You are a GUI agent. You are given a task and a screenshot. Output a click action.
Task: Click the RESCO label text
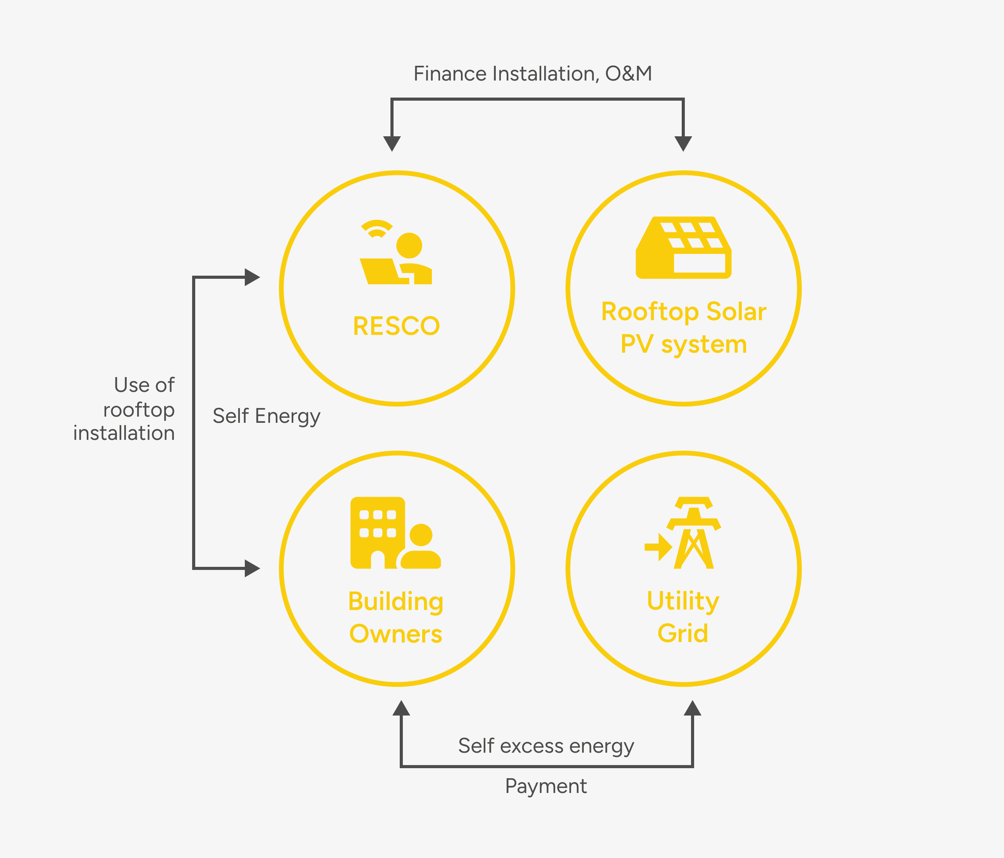(x=396, y=326)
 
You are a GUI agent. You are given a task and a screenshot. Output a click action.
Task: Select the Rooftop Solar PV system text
(x=683, y=328)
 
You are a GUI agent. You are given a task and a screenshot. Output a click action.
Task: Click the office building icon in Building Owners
(x=378, y=532)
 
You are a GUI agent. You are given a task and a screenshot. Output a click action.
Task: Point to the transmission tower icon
(x=694, y=533)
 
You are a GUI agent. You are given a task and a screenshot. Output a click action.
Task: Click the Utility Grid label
(x=683, y=617)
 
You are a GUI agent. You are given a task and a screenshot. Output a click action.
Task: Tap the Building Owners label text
(x=396, y=617)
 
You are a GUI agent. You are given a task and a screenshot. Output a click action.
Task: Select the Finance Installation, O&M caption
(x=533, y=74)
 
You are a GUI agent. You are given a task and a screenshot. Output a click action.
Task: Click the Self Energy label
(x=266, y=416)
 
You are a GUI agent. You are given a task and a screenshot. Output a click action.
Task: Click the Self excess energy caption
(x=546, y=746)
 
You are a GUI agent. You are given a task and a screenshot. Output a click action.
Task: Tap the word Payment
(x=546, y=786)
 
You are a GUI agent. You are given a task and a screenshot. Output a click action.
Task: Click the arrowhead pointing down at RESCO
(x=392, y=143)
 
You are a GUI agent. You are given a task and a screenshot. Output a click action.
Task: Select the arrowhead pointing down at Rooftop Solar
(x=683, y=143)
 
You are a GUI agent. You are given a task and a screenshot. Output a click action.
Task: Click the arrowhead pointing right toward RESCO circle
(x=252, y=277)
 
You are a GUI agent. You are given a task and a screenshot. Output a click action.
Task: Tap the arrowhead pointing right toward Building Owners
(x=252, y=568)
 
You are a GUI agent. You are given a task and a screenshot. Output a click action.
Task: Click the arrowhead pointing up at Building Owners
(x=401, y=708)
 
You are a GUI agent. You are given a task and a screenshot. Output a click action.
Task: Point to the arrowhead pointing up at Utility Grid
(x=693, y=708)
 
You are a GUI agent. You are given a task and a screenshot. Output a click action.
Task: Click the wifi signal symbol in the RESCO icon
(x=376, y=228)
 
